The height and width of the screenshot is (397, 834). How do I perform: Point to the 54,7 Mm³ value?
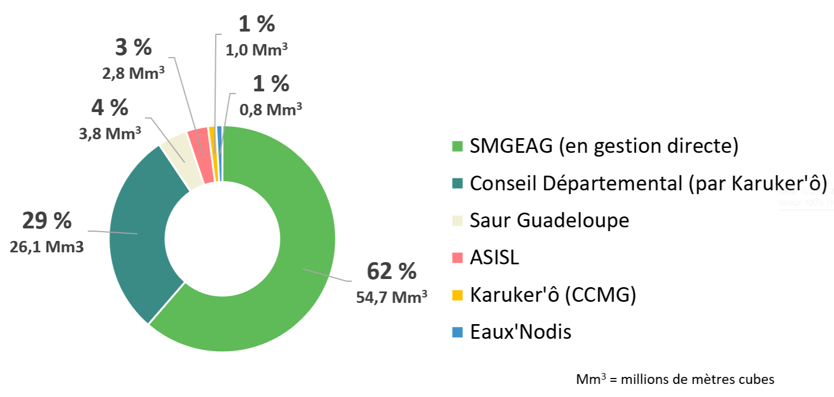pos(391,297)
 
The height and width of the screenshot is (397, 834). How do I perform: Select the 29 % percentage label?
pos(47,221)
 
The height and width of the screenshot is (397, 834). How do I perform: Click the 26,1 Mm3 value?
pos(47,247)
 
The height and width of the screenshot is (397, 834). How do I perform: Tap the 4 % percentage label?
pos(110,108)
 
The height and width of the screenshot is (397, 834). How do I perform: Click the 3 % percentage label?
pos(133,48)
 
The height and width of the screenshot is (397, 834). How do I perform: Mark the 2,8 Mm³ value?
pos(133,73)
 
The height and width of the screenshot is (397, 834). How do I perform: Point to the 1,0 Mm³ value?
pos(256,49)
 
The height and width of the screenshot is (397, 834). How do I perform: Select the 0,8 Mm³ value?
pos(271,109)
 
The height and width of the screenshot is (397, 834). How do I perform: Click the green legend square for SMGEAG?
pos(457,147)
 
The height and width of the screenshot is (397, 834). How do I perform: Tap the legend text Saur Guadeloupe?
pos(549,220)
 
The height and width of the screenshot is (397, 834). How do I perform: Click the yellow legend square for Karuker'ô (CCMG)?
pos(457,295)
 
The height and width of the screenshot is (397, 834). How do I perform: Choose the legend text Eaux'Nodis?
pos(520,332)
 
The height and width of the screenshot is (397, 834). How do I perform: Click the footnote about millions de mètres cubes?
pos(675,379)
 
